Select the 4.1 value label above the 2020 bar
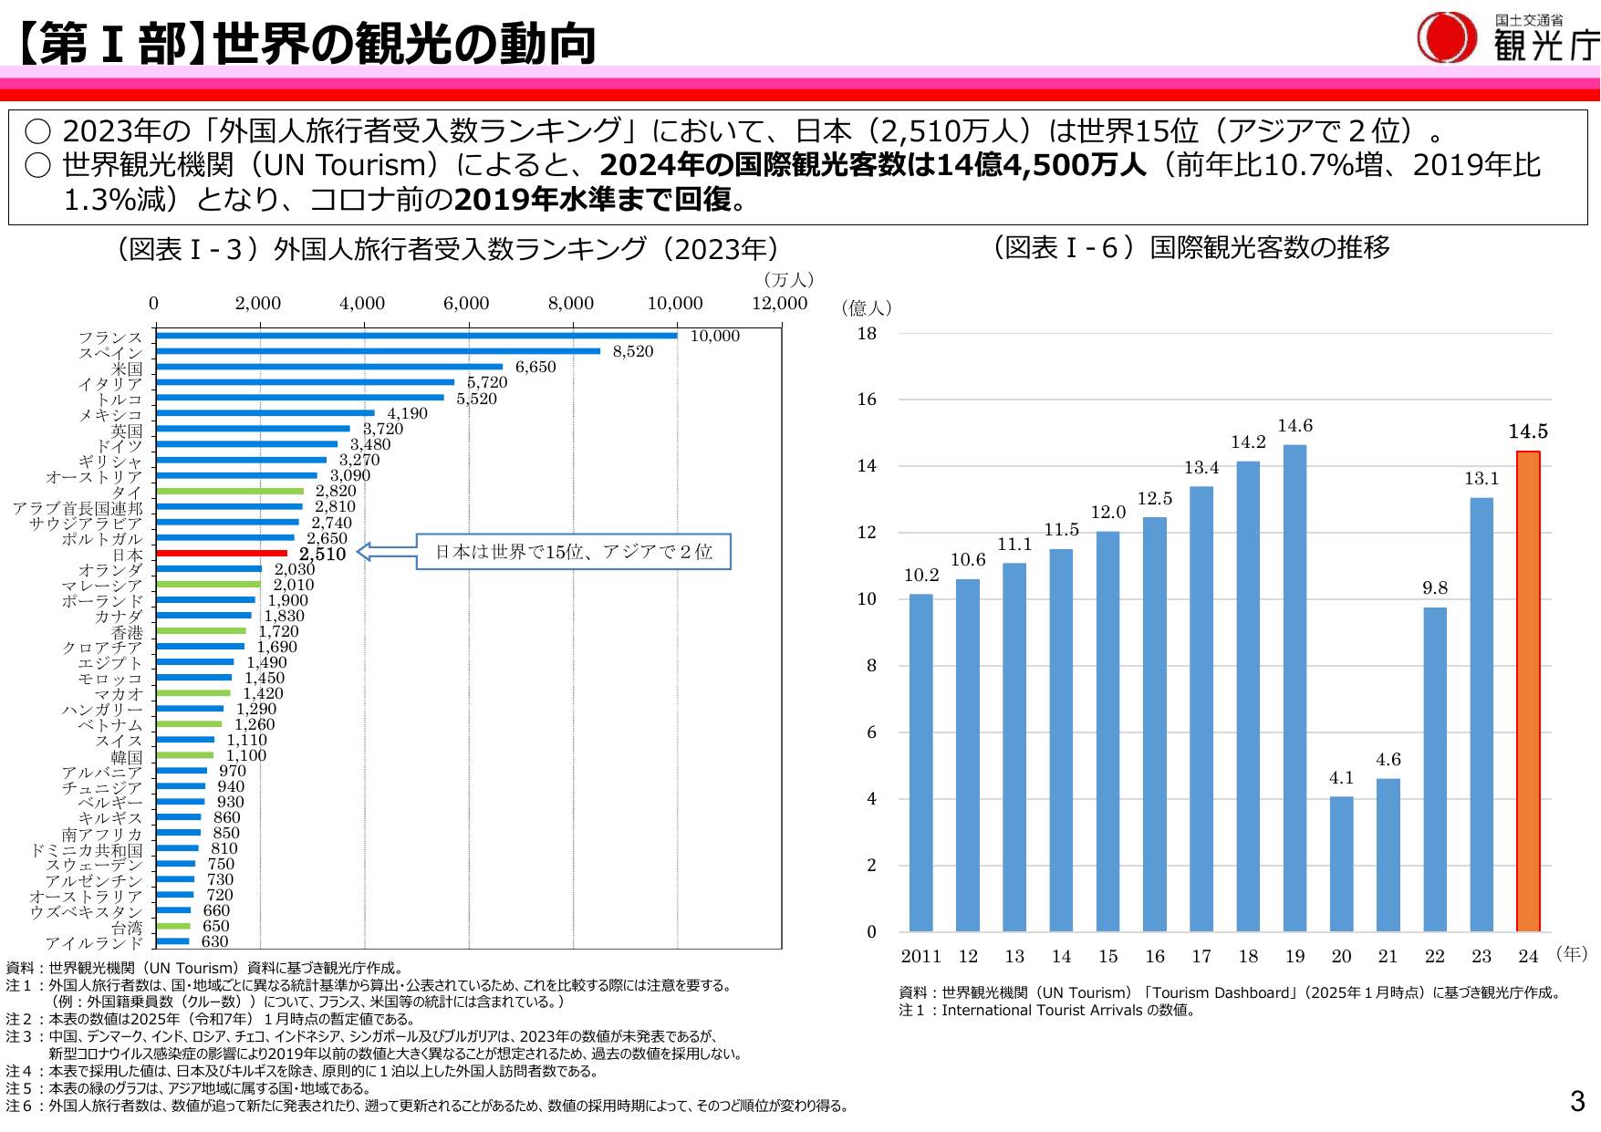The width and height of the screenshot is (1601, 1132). [x=1341, y=778]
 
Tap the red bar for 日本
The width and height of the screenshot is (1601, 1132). [x=222, y=553]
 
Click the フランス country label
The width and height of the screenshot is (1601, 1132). [x=110, y=338]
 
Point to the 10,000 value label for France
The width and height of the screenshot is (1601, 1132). [x=714, y=336]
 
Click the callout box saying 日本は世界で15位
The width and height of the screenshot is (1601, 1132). [x=573, y=552]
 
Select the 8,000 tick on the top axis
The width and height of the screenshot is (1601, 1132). [x=570, y=303]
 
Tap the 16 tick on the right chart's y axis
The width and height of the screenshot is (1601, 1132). [x=866, y=399]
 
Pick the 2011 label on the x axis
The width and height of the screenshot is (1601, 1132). [x=920, y=956]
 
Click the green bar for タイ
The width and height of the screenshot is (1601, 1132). [x=230, y=491]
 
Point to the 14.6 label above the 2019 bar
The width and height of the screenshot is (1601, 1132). [x=1294, y=426]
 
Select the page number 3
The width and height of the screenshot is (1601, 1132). [x=1577, y=1101]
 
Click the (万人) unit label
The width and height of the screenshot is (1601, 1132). [x=788, y=280]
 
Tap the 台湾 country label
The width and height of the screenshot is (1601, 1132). [x=127, y=927]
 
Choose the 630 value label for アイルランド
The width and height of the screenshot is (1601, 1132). [x=214, y=941]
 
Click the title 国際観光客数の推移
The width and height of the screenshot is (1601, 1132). [x=1269, y=247]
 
